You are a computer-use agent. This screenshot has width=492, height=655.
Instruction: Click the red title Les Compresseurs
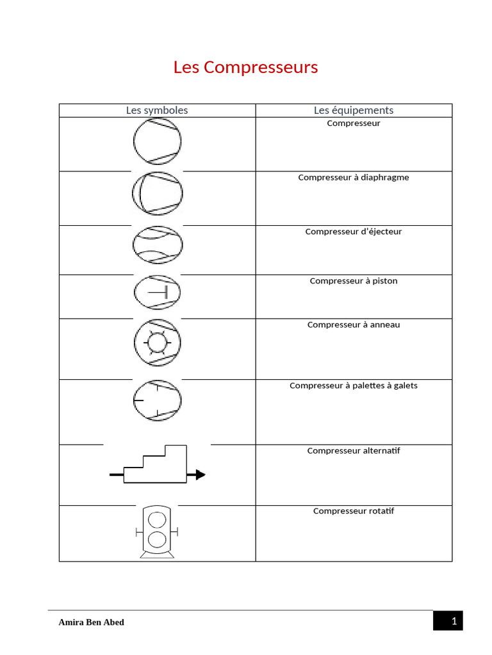tap(245, 67)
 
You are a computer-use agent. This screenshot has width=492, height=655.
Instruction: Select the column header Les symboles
tap(157, 110)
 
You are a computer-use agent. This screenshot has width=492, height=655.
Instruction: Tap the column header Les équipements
tap(354, 110)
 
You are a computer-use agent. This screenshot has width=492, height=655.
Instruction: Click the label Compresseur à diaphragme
tap(354, 177)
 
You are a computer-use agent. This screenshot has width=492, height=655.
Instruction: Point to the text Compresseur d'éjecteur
tap(354, 232)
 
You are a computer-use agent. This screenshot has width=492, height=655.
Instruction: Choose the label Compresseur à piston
tap(354, 281)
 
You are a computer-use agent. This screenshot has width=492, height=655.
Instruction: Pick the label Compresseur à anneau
tap(354, 325)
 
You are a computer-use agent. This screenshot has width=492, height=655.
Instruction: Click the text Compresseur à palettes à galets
tap(354, 386)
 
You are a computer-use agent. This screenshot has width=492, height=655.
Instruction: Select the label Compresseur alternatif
tap(354, 451)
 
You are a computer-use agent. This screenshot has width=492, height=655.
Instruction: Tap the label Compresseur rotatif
tap(354, 511)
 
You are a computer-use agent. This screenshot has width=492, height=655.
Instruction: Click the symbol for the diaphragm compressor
tap(158, 193)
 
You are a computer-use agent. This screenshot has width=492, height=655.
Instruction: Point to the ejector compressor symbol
tap(158, 244)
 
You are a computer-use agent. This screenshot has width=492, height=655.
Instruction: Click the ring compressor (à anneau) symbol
tap(158, 342)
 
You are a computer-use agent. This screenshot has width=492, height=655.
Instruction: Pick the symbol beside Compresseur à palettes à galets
tap(158, 399)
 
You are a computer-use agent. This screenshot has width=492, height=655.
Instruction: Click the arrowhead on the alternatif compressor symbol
tap(201, 475)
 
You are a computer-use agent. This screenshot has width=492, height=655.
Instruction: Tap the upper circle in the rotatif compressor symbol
tap(157, 519)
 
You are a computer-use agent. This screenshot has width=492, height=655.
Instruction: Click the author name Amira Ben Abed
tap(92, 622)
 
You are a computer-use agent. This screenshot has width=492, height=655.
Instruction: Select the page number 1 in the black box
tap(453, 621)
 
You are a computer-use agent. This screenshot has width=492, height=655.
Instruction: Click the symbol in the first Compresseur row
tap(158, 141)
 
